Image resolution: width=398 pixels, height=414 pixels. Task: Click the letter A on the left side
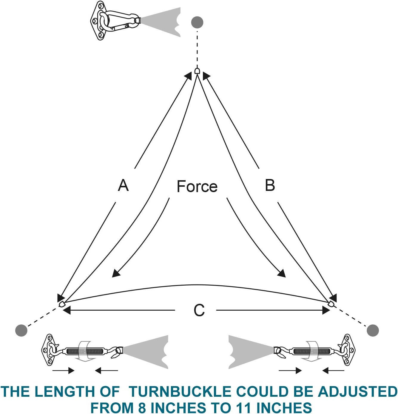click(123, 185)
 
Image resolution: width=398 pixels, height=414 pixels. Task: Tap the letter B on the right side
click(270, 185)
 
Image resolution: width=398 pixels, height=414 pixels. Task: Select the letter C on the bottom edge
click(199, 310)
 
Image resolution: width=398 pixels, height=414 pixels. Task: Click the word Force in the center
click(197, 186)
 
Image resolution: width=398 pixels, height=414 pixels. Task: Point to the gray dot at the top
click(197, 22)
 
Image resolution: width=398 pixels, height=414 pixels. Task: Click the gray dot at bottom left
click(21, 330)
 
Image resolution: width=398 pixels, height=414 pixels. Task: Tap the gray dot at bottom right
click(373, 330)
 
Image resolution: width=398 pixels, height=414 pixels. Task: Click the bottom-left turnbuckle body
click(85, 351)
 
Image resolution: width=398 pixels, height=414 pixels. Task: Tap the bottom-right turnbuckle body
click(311, 351)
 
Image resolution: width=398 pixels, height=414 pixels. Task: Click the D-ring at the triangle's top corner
click(197, 71)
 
